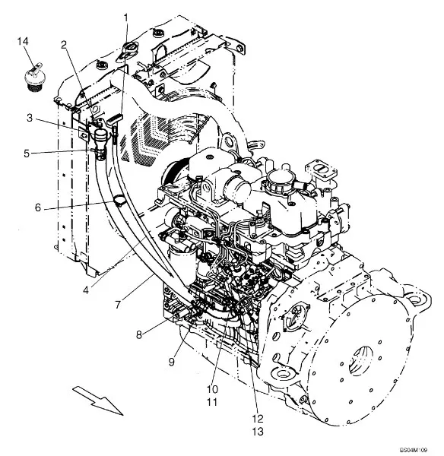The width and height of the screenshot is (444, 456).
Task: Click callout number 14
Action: point(23,41)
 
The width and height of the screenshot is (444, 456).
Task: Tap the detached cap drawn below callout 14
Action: point(33,77)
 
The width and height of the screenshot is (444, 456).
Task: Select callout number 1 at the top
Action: point(125,18)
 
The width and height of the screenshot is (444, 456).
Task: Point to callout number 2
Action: point(64,45)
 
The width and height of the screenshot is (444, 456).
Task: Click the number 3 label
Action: point(30,118)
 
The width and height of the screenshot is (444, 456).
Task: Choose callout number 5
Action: point(27,154)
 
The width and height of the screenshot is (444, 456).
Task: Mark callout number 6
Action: point(38,207)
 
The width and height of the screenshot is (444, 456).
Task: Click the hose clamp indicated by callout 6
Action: point(119,201)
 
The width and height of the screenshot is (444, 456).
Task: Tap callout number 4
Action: point(86,290)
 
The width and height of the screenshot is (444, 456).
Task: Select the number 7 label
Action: point(118,305)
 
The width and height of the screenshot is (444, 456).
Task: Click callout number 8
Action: point(139,334)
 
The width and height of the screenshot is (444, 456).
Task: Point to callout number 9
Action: point(172,362)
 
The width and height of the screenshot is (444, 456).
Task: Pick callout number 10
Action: point(212,389)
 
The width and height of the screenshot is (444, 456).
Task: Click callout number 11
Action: point(212,402)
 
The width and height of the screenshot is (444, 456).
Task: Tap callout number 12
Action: point(258,419)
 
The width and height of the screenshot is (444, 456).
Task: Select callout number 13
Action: point(258,432)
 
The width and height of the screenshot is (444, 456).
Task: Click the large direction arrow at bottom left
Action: point(98,401)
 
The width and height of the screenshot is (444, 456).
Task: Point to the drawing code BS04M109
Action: point(414,450)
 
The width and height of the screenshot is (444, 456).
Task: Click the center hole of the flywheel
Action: point(362,360)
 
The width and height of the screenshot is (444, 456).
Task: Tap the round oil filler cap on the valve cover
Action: point(278,180)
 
